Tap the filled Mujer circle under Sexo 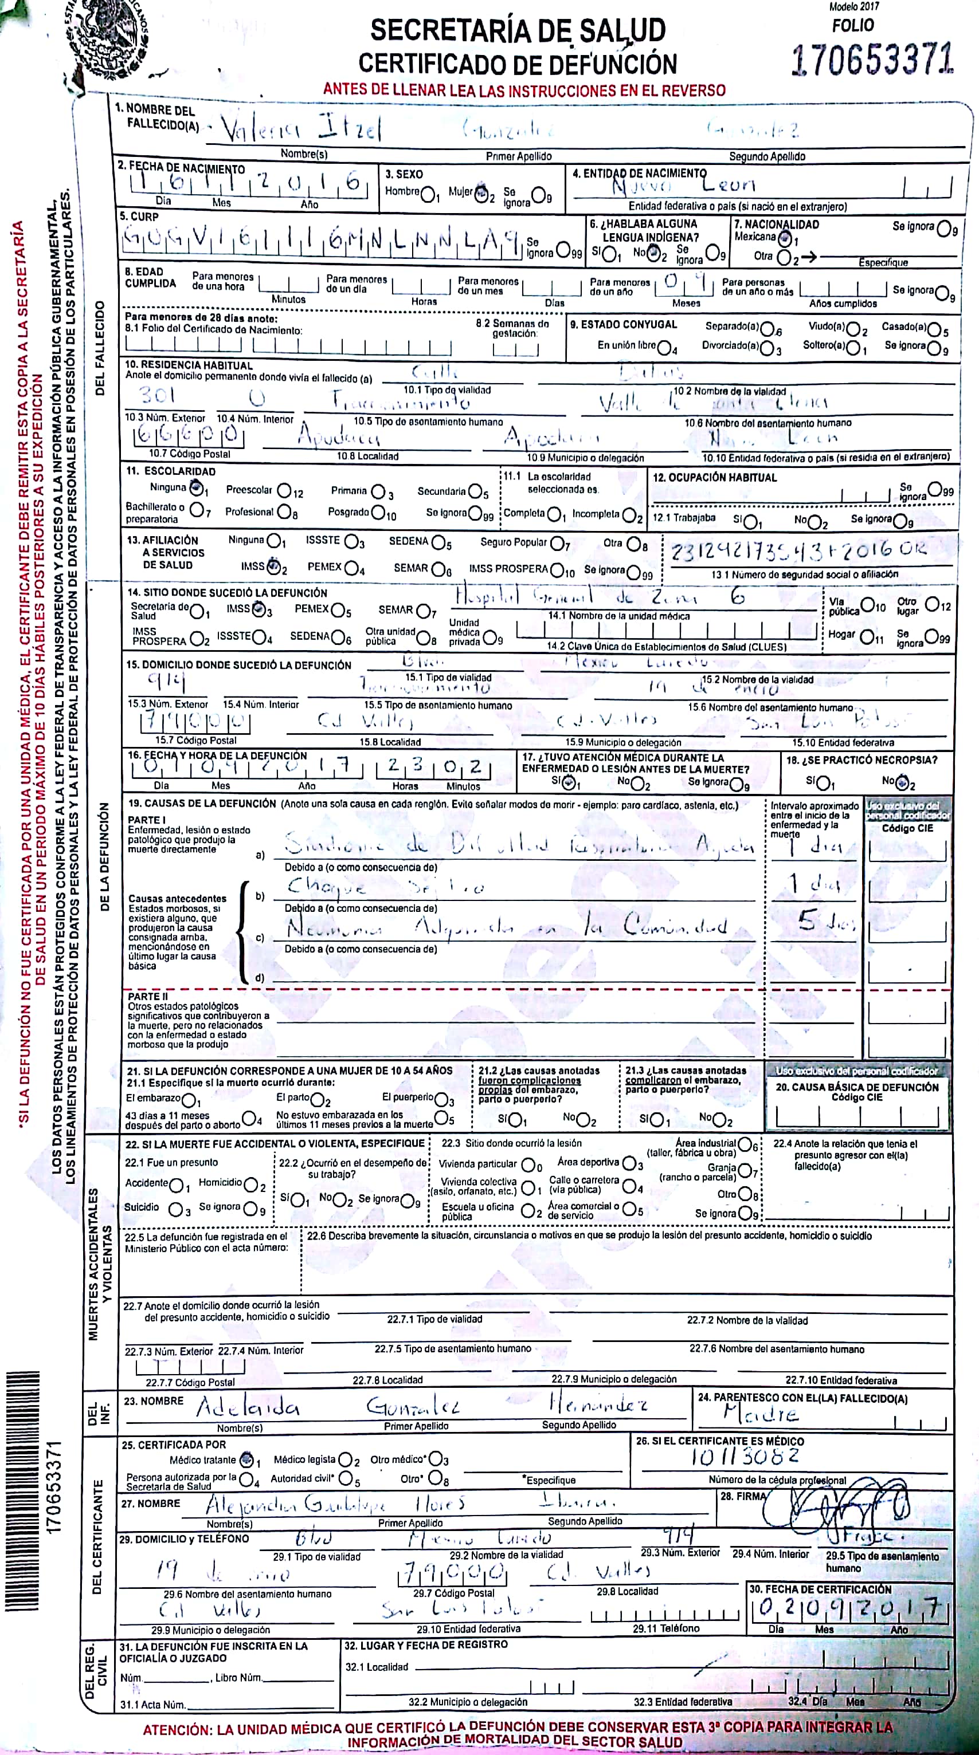(481, 194)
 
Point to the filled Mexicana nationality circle (785, 238)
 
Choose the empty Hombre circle (429, 195)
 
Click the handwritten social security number (798, 550)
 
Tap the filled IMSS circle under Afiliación (274, 565)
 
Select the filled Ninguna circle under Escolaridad (197, 488)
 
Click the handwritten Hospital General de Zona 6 (600, 597)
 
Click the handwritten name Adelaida (248, 1407)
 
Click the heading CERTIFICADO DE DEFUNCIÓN (518, 64)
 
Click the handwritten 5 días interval (825, 923)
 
